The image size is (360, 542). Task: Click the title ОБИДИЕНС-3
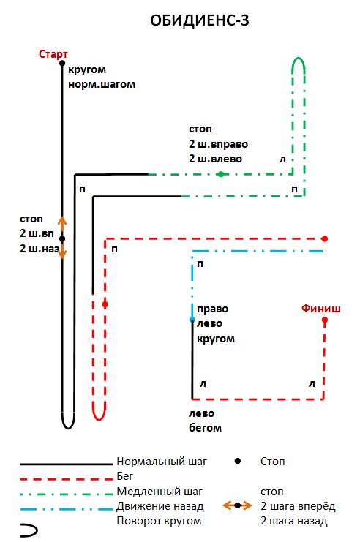(200, 20)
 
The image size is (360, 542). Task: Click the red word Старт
(53, 54)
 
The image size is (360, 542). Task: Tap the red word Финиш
(320, 309)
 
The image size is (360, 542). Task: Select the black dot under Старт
(62, 63)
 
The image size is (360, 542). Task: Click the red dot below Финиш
(324, 320)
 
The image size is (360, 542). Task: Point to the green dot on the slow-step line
(221, 174)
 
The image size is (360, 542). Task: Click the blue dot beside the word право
(192, 320)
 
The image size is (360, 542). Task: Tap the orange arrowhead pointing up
(62, 219)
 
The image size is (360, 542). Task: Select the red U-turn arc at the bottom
(99, 419)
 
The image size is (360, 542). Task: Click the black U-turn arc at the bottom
(69, 427)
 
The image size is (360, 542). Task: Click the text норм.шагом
(102, 84)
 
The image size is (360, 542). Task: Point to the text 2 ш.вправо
(218, 144)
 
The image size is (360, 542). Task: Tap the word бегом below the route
(205, 428)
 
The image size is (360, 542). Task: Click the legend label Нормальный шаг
(162, 462)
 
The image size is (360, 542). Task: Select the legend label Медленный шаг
(160, 492)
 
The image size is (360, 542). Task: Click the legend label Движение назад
(160, 506)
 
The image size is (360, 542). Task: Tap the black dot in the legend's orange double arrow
(237, 506)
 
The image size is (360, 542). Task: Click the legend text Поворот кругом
(159, 521)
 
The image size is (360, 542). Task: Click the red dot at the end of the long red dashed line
(324, 239)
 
